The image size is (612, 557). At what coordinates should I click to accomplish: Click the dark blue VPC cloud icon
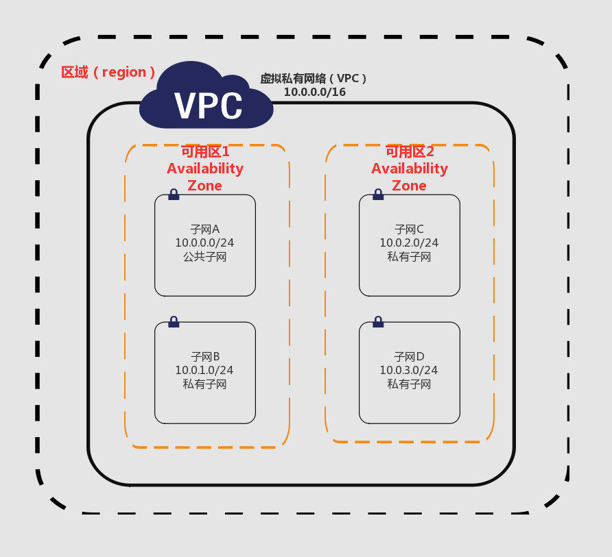pos(207,99)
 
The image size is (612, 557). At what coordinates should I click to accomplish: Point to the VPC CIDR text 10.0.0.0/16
pos(315,92)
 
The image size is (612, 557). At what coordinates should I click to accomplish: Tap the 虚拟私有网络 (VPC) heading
pos(314,79)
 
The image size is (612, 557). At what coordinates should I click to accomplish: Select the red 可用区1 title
pos(205,151)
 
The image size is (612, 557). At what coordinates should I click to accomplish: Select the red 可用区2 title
pos(410,151)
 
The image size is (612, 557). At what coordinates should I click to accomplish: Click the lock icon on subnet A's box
pos(174,195)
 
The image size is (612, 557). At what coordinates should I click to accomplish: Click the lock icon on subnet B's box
pos(174,321)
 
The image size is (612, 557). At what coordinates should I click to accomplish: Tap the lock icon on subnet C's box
pos(378,195)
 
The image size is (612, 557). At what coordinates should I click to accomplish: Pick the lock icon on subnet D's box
pos(378,321)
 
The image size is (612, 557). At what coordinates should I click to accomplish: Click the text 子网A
pos(204,229)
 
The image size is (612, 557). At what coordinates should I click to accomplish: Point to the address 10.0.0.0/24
pos(204,243)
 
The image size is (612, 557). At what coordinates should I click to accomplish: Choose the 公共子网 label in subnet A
pos(204,257)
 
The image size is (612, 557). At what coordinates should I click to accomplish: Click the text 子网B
pos(204,356)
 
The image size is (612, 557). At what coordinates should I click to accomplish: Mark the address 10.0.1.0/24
pos(204,370)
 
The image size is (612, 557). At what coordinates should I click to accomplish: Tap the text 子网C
pos(409,229)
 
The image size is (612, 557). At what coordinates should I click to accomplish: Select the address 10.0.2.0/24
pos(409,243)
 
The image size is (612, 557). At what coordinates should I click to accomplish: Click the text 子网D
pos(409,356)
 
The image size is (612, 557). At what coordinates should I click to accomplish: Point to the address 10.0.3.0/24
pos(409,370)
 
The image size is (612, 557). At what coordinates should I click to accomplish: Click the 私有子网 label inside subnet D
pos(409,384)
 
